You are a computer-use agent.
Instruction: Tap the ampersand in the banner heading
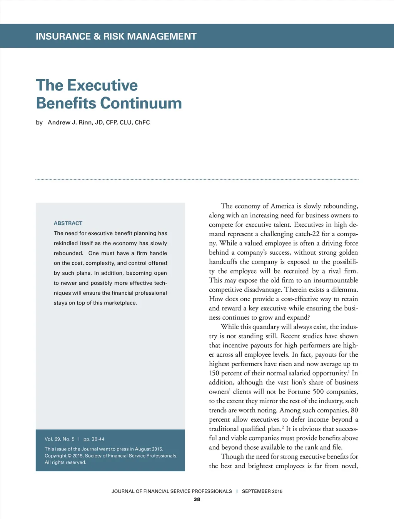tap(97, 37)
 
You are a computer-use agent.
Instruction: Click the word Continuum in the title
tap(141, 103)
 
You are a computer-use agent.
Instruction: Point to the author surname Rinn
tap(85, 122)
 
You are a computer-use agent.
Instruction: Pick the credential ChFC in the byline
tap(142, 122)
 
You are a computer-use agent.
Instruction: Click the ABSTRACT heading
tap(68, 223)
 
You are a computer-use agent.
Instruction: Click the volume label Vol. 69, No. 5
tap(60, 439)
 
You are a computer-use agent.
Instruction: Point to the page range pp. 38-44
tap(94, 439)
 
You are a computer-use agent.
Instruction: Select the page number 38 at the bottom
tap(197, 499)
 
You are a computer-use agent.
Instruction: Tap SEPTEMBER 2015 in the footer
tap(262, 491)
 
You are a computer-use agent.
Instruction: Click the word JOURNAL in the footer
tap(123, 491)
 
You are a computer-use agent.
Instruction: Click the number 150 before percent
tap(214, 373)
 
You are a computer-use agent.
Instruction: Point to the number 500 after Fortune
tap(318, 392)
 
